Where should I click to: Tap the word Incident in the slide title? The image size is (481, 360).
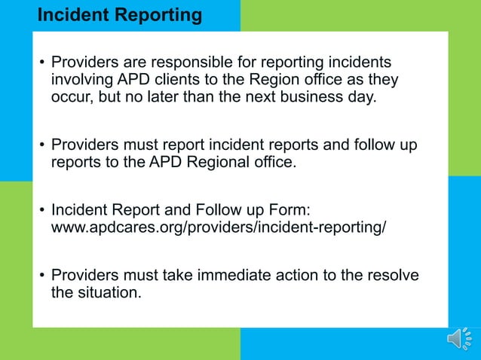coord(72,14)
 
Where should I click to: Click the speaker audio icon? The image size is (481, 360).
coord(460,340)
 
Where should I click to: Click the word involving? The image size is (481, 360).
coord(81,81)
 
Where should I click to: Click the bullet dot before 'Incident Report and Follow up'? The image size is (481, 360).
coord(41,209)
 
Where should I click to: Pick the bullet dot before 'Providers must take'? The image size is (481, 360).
coord(41,276)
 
